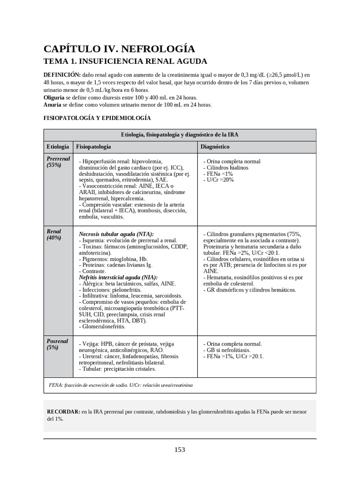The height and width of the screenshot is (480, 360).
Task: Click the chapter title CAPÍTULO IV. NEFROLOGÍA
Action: click(119, 49)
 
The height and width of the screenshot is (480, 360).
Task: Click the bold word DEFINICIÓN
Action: click(62, 75)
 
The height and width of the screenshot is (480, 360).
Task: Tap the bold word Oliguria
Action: click(54, 97)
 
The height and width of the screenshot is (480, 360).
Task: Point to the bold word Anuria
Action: click(53, 105)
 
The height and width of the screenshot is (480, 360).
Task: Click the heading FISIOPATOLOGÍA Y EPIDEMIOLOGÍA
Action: click(97, 118)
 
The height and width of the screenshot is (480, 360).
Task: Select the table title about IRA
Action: click(180, 135)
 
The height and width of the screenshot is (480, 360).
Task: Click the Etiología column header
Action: click(58, 147)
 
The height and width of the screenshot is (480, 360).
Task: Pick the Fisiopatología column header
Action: click(93, 147)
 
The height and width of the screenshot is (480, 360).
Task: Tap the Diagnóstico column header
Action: click(215, 147)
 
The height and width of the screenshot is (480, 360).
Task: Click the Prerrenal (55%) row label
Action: click(58, 162)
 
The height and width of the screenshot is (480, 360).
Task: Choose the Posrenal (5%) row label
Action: click(57, 345)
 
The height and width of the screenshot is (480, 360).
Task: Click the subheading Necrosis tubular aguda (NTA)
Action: click(116, 234)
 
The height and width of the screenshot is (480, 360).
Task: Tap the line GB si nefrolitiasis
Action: click(227, 350)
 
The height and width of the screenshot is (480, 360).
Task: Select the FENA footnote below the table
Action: click(120, 385)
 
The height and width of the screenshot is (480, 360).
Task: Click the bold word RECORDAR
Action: click(63, 412)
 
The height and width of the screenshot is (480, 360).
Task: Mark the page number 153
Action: click(180, 450)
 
